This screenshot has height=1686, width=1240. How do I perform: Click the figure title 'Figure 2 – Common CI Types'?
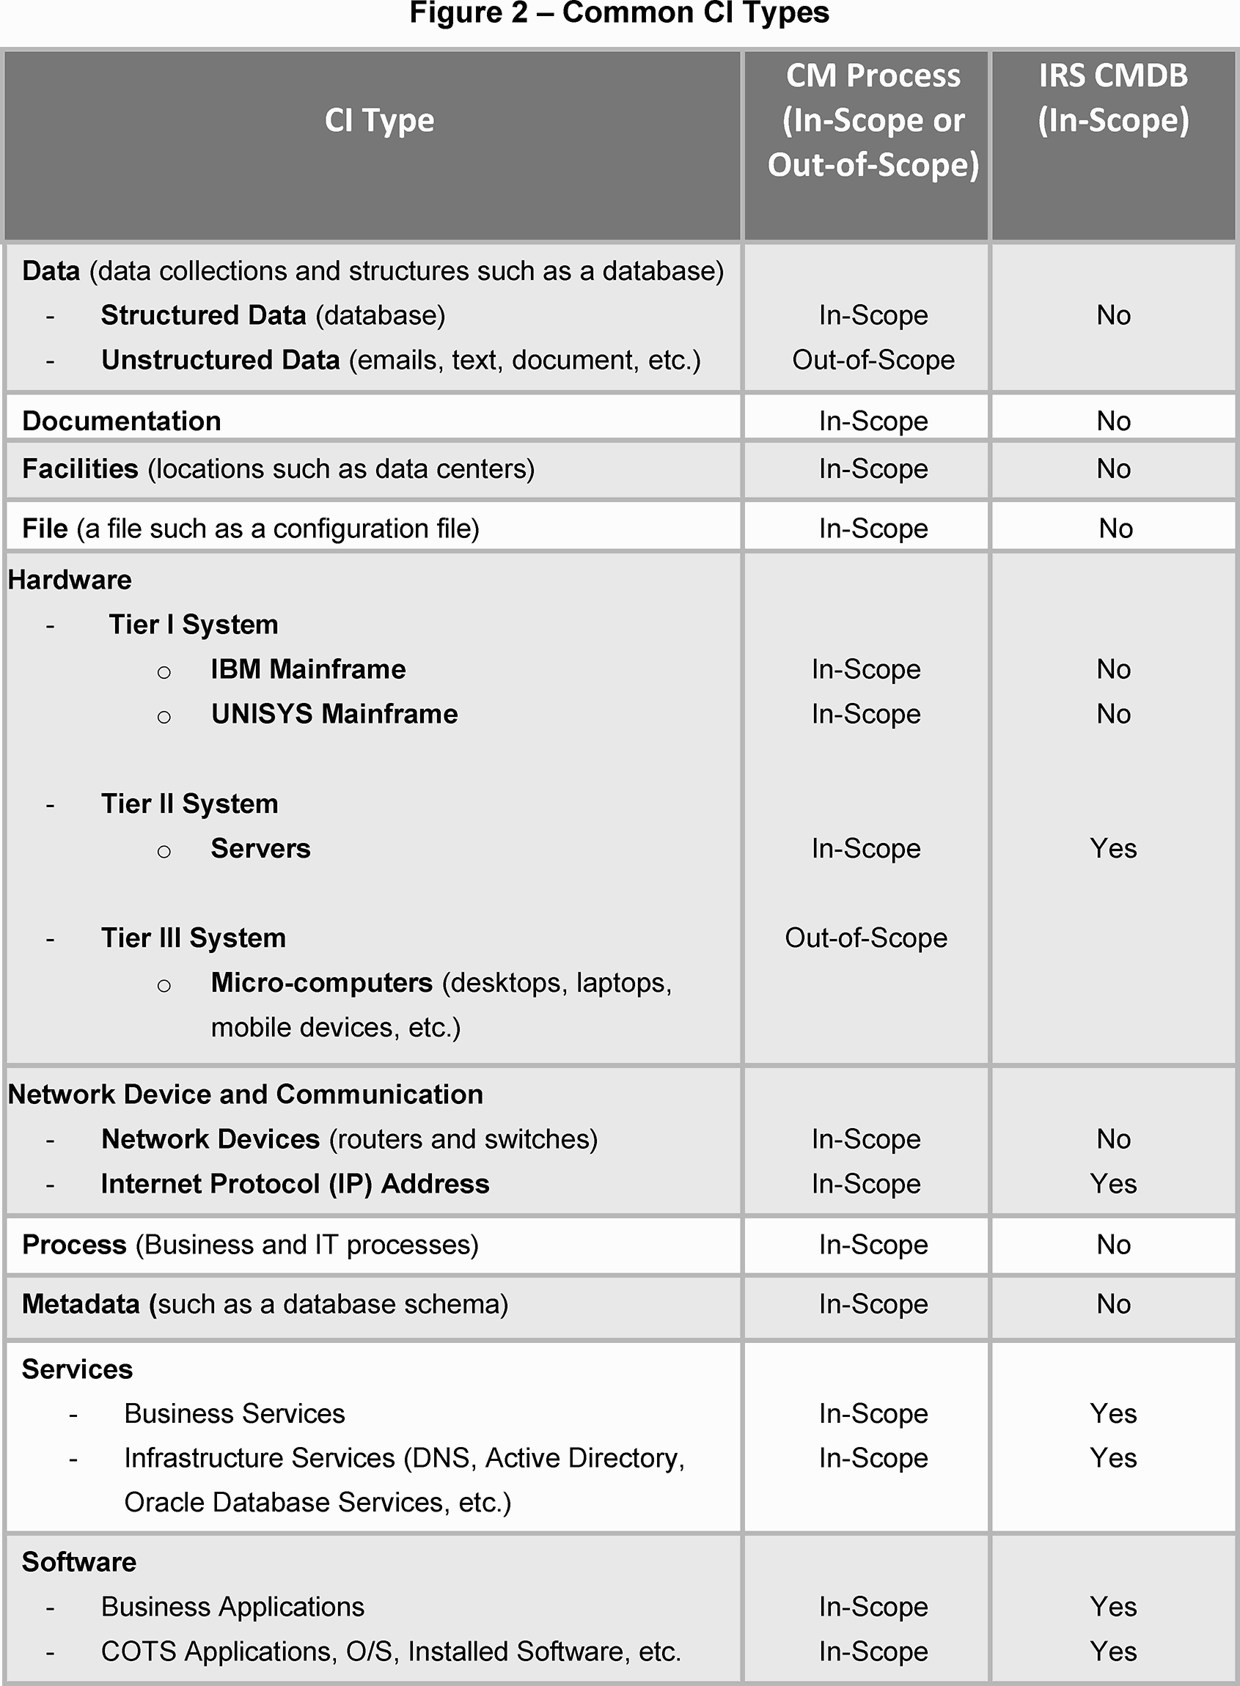pos(619,13)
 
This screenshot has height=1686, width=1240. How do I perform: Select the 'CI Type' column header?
pos(379,120)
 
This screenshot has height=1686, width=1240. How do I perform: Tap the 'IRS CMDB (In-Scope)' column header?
pos(1113,97)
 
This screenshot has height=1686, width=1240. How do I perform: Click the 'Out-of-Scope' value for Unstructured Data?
pos(873,360)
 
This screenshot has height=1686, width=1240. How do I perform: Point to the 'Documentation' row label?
pos(122,421)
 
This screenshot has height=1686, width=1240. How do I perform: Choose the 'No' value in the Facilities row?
pos(1113,469)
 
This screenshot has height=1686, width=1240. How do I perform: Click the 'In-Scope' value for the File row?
pos(873,529)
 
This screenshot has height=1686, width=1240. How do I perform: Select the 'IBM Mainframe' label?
pos(308,669)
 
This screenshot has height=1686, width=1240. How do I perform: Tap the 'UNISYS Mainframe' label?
pos(334,714)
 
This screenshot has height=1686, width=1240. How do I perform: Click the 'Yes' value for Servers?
pos(1113,849)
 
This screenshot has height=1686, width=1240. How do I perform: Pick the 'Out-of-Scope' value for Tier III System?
pos(866,938)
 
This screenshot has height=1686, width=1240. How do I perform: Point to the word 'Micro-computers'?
pos(321,983)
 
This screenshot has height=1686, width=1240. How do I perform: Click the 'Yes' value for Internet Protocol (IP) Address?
pos(1113,1184)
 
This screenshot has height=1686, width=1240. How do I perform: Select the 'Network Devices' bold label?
pos(210,1139)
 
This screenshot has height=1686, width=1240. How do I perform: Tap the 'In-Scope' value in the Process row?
pos(873,1245)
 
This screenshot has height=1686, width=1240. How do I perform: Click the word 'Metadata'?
pos(81,1304)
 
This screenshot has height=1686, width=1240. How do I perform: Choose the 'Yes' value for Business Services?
pos(1113,1413)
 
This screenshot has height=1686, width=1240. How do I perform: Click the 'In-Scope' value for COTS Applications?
pos(873,1652)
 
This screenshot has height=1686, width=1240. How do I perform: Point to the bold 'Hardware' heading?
pos(70,580)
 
